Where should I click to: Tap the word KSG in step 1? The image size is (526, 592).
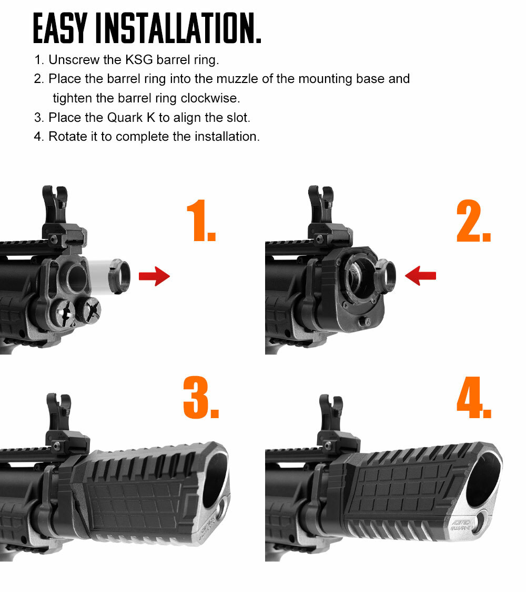pyautogui.click(x=138, y=60)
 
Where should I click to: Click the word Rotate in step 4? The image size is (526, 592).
pyautogui.click(x=67, y=137)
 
